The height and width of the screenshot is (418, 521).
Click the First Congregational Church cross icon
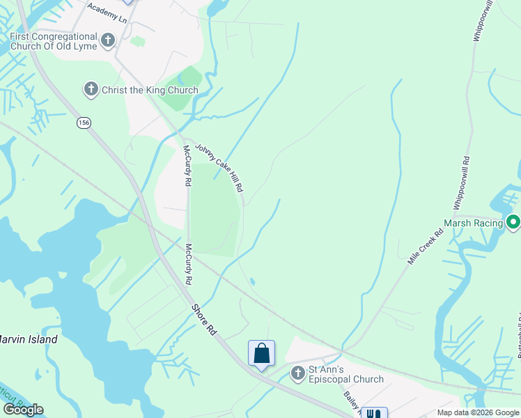coord(107,40)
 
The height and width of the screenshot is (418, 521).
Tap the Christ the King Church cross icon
coord(91,89)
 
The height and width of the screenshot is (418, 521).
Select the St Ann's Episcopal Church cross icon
coord(297,373)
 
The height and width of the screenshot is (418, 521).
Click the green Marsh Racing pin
coord(513,223)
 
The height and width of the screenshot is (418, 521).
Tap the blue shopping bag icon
coord(261,353)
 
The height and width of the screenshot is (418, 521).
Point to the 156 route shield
coord(84,123)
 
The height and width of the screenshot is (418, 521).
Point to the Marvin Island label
coord(28,339)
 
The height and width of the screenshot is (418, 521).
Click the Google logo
coord(23,410)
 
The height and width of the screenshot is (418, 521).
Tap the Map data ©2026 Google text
coord(478,412)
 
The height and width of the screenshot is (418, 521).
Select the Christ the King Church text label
coord(150,90)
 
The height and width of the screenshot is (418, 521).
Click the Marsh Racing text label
coord(474,223)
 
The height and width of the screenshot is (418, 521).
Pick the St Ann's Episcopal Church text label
coord(346,374)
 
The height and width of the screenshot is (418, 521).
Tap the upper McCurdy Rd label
coord(187,165)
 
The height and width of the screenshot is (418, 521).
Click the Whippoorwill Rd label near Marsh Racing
coord(461,183)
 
